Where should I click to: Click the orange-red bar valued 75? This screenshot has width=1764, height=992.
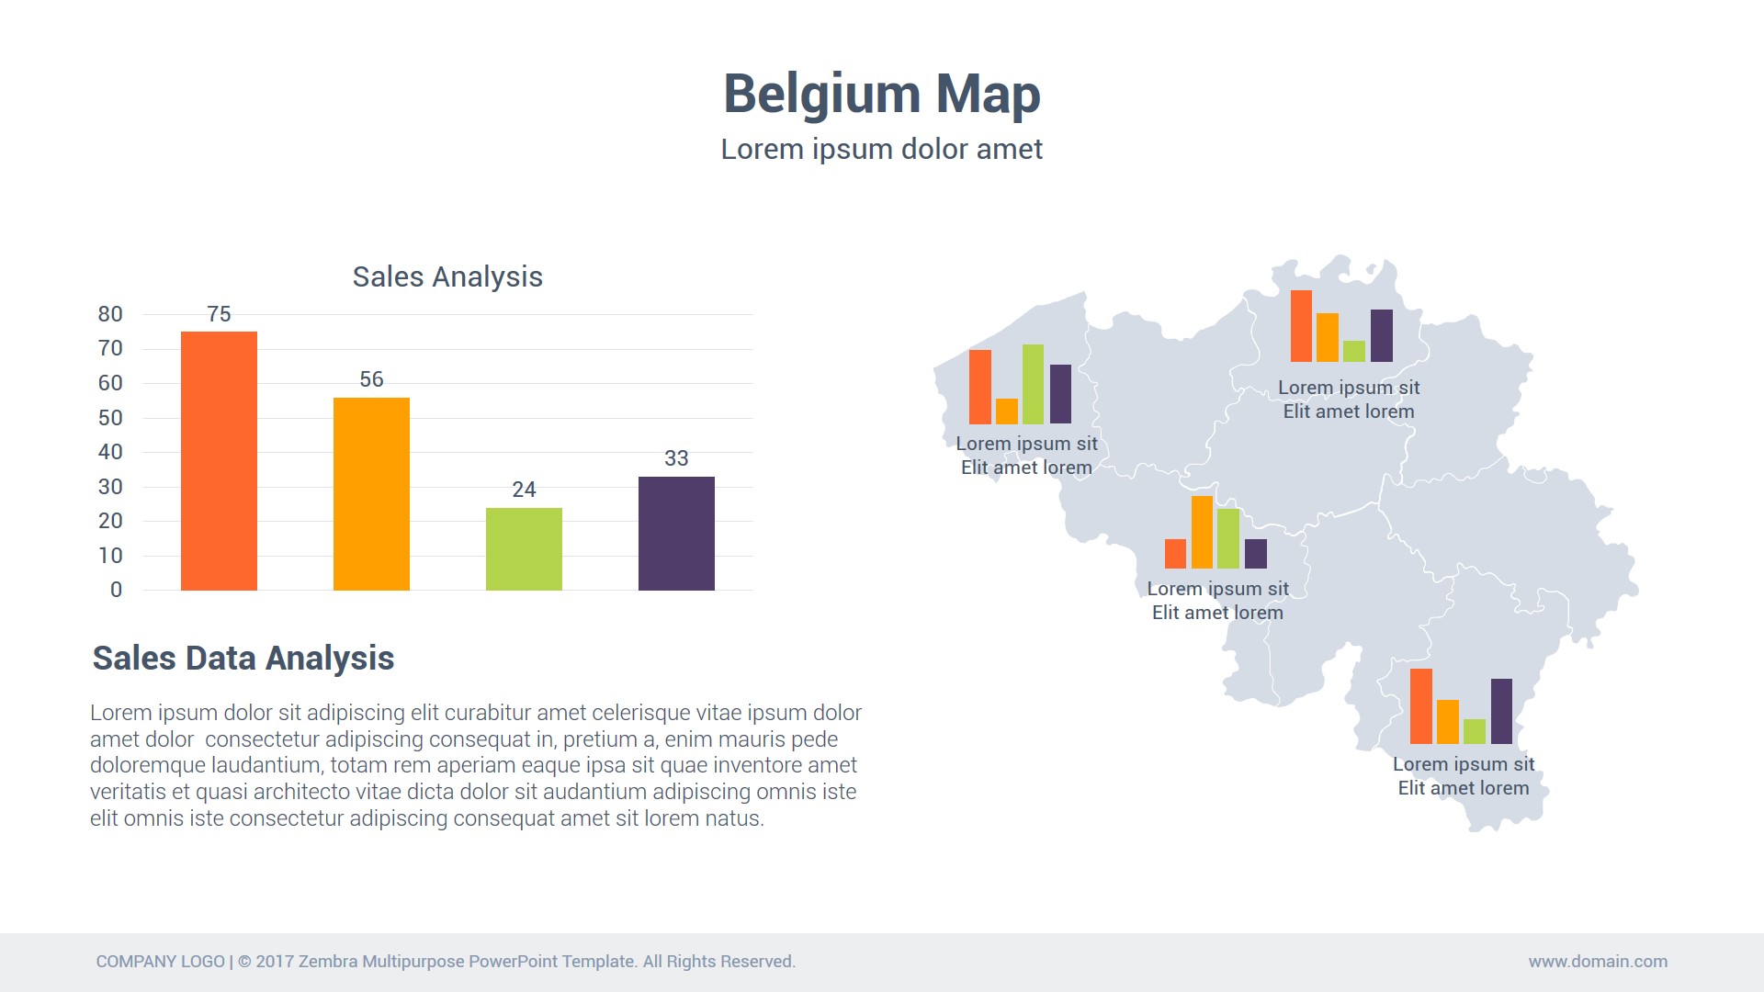(x=219, y=460)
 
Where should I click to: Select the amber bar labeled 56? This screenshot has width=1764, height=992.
(x=371, y=493)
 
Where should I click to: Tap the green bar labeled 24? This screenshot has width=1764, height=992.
(x=524, y=548)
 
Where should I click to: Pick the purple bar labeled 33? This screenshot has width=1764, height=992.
(x=676, y=533)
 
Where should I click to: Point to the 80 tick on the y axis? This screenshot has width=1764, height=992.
(x=110, y=314)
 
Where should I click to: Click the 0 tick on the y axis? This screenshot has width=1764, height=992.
(x=116, y=590)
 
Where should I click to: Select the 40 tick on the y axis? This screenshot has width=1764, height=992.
(x=110, y=452)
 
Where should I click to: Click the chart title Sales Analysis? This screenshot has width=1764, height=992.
(x=447, y=276)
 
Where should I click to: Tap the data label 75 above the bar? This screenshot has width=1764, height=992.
(x=219, y=314)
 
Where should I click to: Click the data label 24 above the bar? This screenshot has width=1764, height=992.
(x=524, y=490)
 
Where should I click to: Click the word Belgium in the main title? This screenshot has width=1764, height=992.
(x=821, y=94)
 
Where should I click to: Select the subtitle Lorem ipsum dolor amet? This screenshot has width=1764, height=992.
(x=881, y=149)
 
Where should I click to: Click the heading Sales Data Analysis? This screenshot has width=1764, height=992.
(x=243, y=659)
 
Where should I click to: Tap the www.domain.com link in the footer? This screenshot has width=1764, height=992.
(x=1598, y=962)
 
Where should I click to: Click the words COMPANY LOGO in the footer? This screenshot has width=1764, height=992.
(x=161, y=962)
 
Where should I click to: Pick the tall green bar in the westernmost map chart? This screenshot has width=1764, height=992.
(x=1033, y=384)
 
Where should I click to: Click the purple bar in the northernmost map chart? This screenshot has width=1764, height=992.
(x=1381, y=335)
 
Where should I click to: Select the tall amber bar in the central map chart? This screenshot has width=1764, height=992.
(x=1202, y=532)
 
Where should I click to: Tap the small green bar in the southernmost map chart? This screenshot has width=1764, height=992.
(x=1474, y=731)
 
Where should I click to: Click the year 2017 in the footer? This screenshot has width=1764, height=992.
(x=275, y=962)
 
